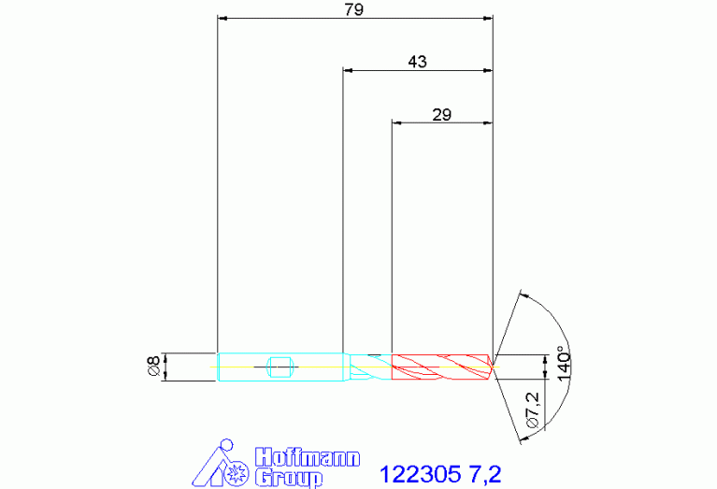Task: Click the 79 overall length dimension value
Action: tap(354, 9)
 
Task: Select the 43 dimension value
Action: tap(417, 62)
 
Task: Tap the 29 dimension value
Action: tap(442, 114)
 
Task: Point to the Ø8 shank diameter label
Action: tap(154, 366)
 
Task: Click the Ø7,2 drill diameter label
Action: tap(533, 410)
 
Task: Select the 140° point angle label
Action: tap(564, 366)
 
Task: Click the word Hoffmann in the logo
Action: tap(308, 457)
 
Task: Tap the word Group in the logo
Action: tap(289, 478)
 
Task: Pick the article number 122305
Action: tap(421, 474)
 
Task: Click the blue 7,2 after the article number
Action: tap(485, 474)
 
